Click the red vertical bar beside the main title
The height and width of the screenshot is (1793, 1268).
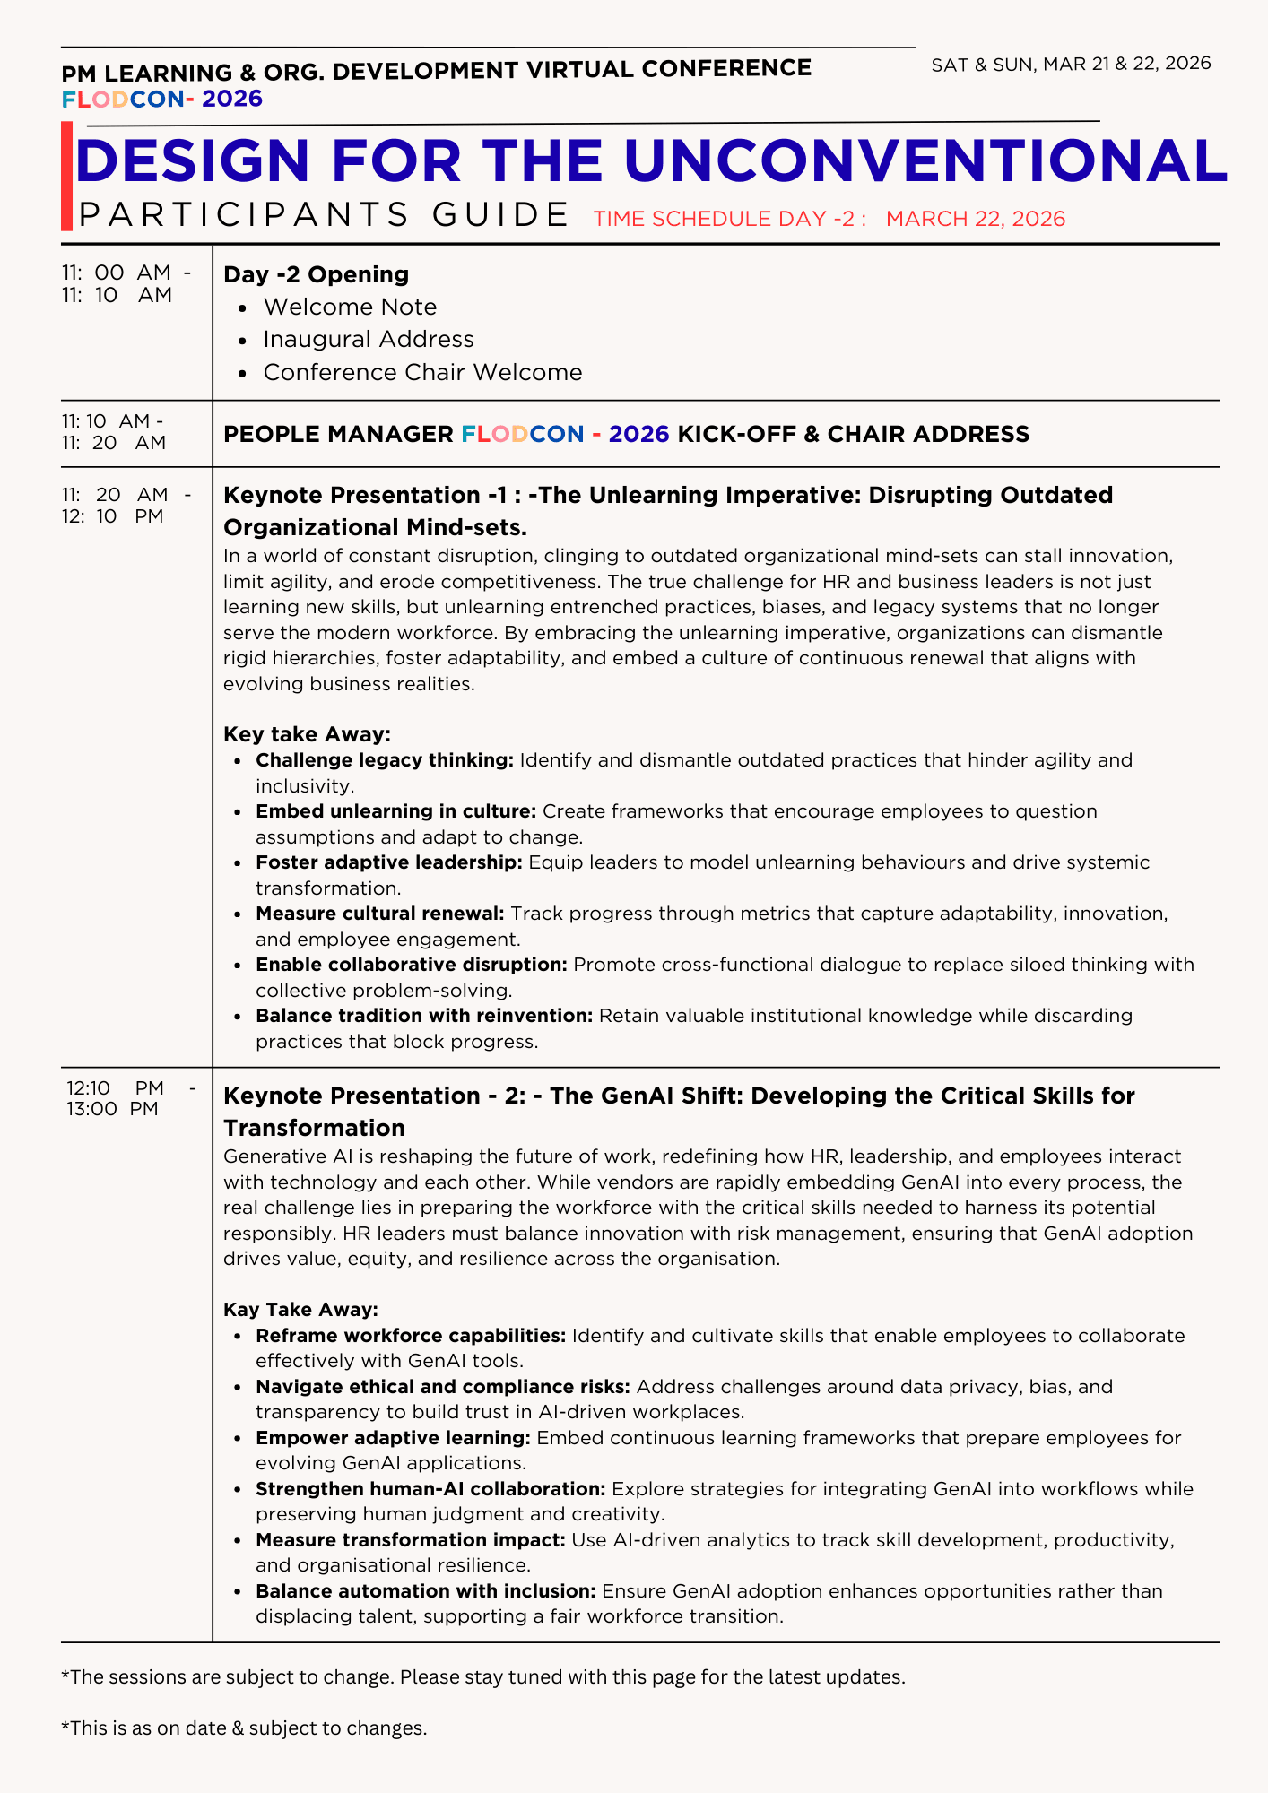(x=67, y=177)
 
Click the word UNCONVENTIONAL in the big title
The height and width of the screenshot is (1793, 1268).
(x=925, y=161)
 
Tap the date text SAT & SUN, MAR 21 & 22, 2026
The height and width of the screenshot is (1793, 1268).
(x=1071, y=64)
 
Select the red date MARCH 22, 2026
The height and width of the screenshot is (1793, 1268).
(x=975, y=219)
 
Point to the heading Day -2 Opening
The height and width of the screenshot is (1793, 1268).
(x=316, y=274)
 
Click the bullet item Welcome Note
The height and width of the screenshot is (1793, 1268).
(x=350, y=307)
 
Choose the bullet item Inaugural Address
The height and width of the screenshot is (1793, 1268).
(x=368, y=339)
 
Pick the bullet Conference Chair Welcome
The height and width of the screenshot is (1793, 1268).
(x=422, y=372)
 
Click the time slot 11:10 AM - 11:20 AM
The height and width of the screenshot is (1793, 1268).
(x=114, y=431)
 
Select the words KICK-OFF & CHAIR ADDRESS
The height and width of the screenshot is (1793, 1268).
(x=853, y=434)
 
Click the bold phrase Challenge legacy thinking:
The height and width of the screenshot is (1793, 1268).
(x=385, y=760)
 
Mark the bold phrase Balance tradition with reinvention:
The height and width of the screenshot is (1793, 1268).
(x=424, y=1016)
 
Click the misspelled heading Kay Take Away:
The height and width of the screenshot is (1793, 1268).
(x=300, y=1309)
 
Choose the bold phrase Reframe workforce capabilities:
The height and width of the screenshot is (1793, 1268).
(x=411, y=1336)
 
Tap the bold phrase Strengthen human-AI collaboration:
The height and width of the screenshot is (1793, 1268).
(x=430, y=1489)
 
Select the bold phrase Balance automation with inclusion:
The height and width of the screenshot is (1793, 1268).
(x=426, y=1591)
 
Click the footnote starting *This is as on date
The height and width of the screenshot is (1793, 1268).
(x=243, y=1728)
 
